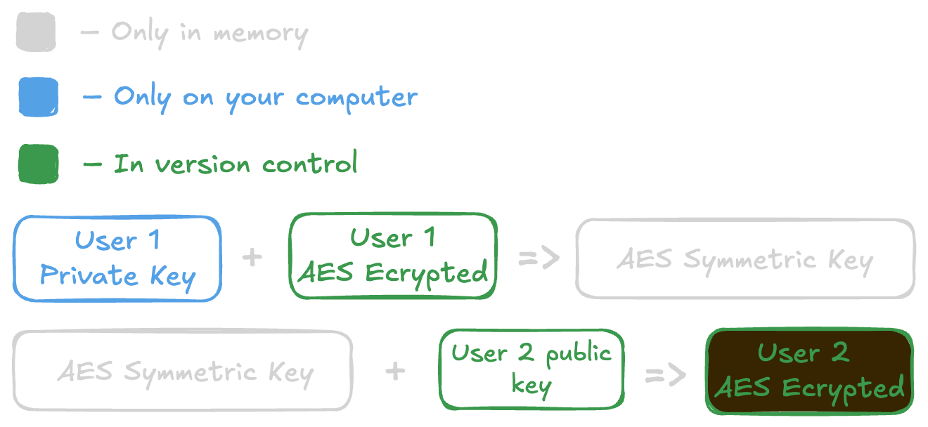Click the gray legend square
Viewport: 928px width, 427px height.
coord(36,32)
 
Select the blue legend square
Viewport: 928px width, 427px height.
coord(38,96)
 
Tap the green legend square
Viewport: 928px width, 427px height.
coord(38,164)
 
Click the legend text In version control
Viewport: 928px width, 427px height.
coord(236,164)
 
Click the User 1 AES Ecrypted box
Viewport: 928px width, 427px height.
coord(393,256)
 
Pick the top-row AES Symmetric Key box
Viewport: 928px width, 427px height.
coord(745,259)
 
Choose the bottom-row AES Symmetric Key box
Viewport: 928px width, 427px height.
coord(183,371)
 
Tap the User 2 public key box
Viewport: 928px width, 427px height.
coord(531,369)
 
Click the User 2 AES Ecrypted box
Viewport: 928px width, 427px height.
coord(809,371)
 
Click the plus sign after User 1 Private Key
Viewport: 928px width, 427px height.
coord(252,257)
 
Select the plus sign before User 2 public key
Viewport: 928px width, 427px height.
coord(396,371)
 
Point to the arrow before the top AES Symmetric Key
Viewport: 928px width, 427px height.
coord(539,258)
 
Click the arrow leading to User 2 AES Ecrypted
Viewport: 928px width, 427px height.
coord(665,375)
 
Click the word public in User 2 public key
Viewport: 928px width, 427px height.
coord(578,353)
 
